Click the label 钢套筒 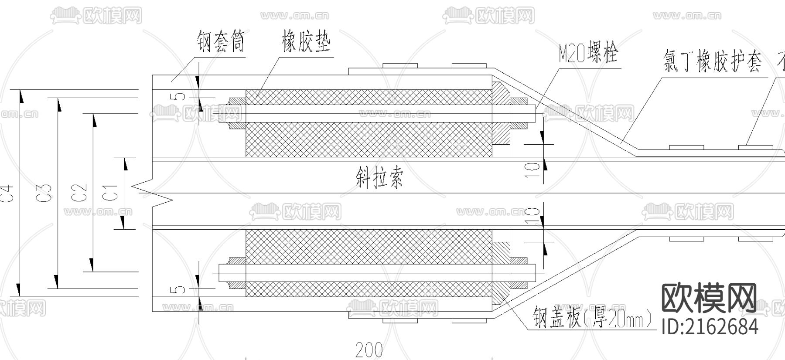pos(220,42)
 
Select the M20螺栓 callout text pos(588,54)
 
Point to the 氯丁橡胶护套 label pos(712,61)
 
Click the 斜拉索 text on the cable pos(379,177)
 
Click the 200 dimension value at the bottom pos(369,350)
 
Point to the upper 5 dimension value pos(180,97)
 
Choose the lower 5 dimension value pos(180,290)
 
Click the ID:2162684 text pos(710,327)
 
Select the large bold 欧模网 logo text pos(709,298)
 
